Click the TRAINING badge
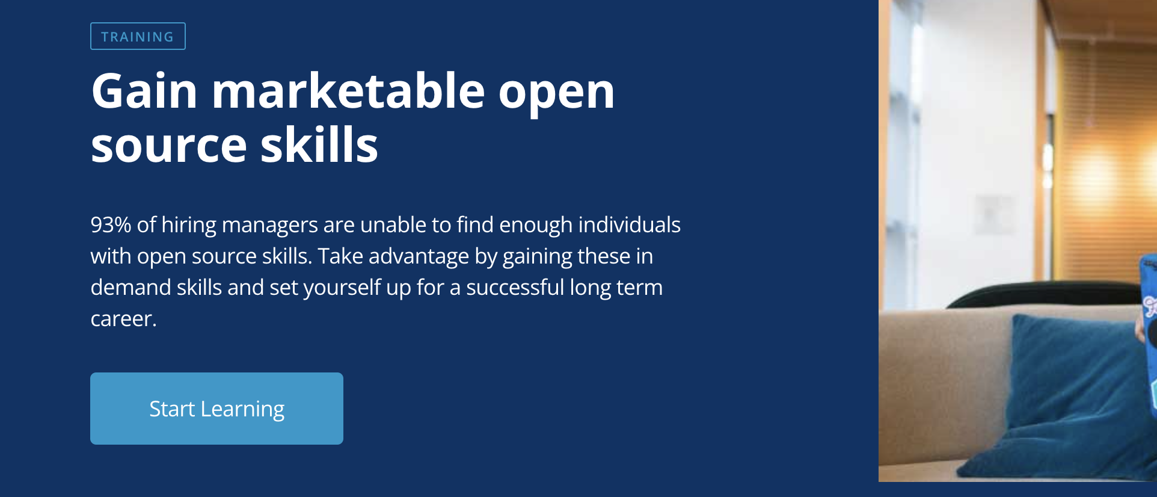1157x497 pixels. (x=138, y=36)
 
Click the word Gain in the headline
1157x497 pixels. (x=144, y=91)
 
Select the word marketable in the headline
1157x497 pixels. (x=348, y=91)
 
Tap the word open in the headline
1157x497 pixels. (x=556, y=96)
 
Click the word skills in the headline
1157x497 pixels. (x=319, y=144)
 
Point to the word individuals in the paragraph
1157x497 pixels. (x=629, y=224)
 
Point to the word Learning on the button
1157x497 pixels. (x=242, y=410)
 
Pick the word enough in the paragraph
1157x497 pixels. (x=536, y=226)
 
